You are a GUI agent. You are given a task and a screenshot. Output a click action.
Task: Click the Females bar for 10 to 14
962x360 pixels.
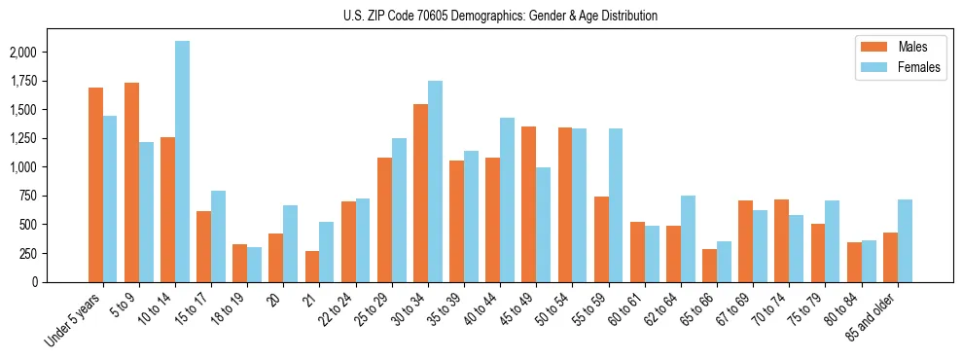click(182, 162)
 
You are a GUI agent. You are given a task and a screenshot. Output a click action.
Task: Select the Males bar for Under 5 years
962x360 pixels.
click(95, 185)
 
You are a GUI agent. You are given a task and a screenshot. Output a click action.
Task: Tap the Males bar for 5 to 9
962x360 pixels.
click(131, 182)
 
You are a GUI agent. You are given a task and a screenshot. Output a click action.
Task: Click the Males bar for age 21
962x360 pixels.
click(312, 267)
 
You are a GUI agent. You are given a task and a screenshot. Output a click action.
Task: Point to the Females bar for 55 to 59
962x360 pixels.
click(616, 205)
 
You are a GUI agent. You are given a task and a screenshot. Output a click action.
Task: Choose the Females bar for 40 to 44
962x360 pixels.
click(507, 199)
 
